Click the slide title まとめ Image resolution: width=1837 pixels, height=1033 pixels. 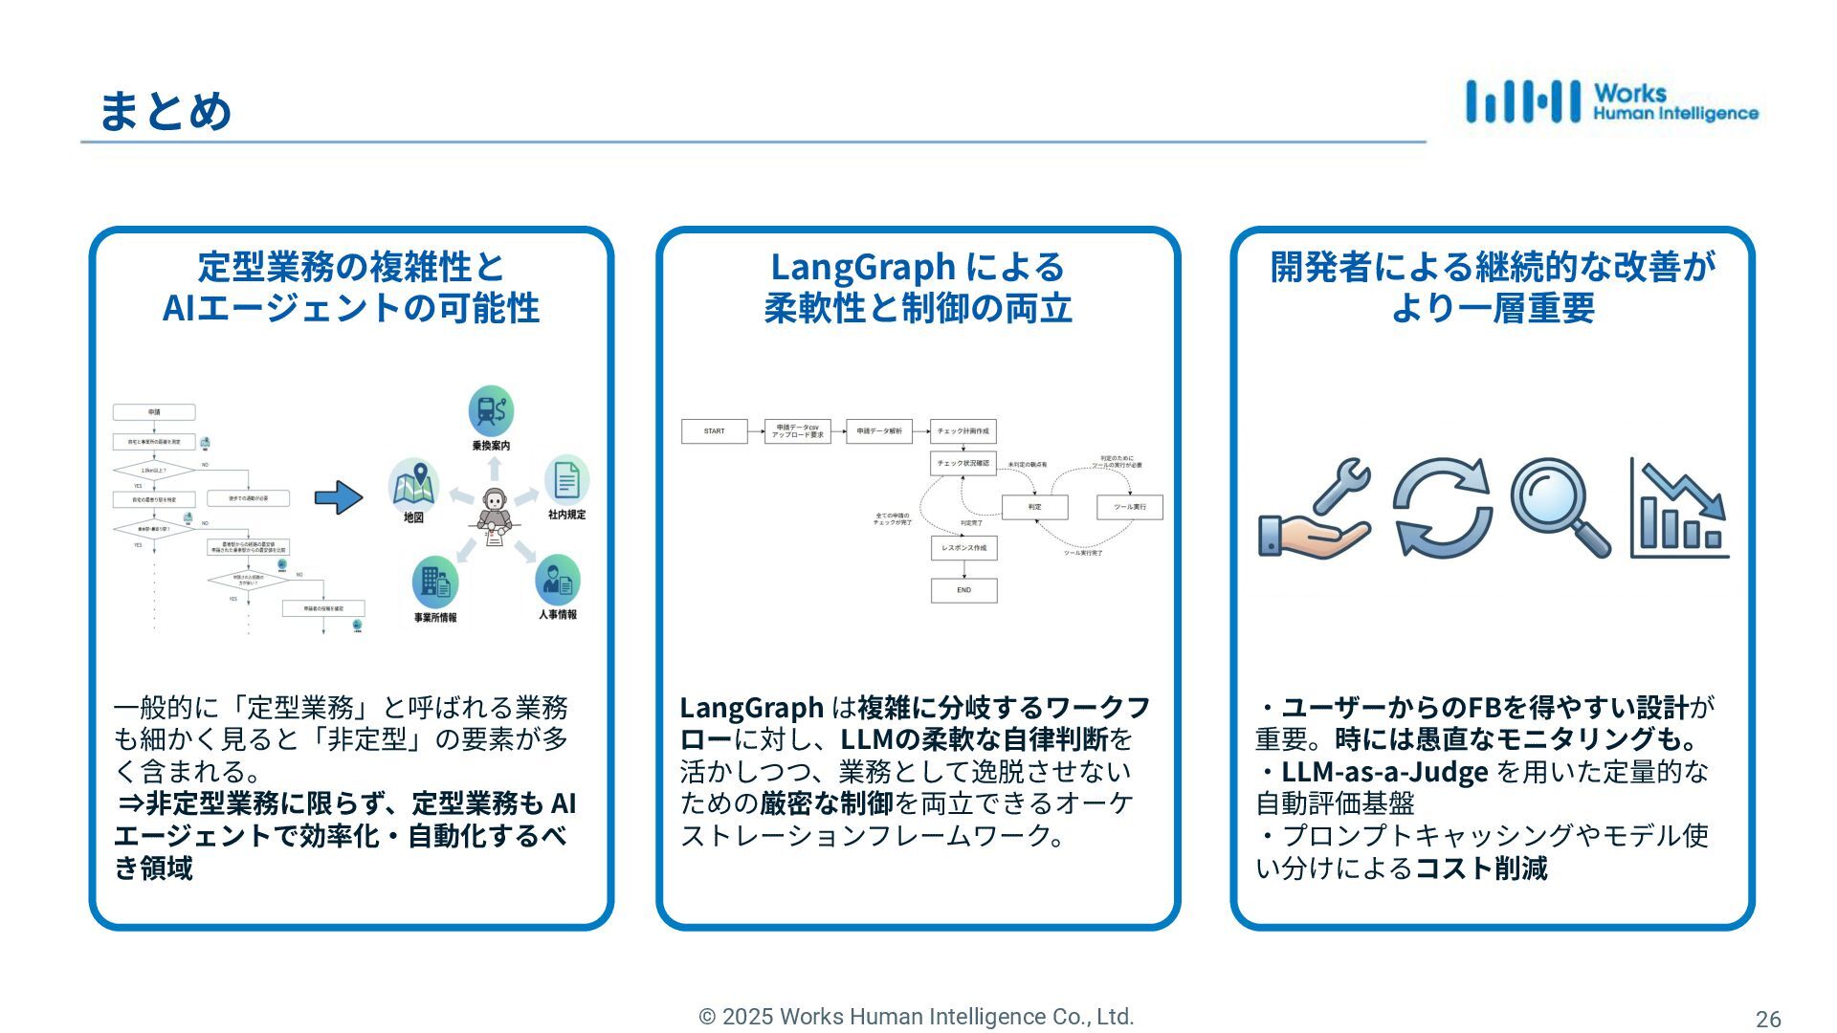click(165, 110)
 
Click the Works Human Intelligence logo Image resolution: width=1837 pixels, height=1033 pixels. click(1611, 102)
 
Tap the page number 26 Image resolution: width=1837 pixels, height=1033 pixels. click(1768, 1019)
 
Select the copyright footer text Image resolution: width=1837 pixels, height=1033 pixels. click(917, 1017)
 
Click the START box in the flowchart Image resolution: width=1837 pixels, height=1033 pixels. click(714, 431)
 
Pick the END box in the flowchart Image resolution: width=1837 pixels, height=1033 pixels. click(963, 590)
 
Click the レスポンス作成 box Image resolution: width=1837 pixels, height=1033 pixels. click(963, 548)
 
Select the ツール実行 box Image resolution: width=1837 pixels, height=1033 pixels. click(1129, 507)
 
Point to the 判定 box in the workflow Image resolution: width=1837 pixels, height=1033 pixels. click(1034, 507)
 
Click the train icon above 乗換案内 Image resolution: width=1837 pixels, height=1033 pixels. click(491, 411)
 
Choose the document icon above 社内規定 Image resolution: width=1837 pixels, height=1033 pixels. click(566, 479)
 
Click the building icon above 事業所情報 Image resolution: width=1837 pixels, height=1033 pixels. click(435, 582)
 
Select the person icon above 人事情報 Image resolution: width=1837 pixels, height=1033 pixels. click(558, 579)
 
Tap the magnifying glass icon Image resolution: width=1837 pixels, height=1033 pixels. click(1560, 507)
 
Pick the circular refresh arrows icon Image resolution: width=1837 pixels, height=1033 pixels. click(1442, 507)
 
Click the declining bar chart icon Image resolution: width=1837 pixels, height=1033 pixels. click(1679, 509)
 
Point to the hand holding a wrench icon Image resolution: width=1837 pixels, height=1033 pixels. click(1315, 509)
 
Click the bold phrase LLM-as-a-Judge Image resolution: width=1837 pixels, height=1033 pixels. click(1384, 772)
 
